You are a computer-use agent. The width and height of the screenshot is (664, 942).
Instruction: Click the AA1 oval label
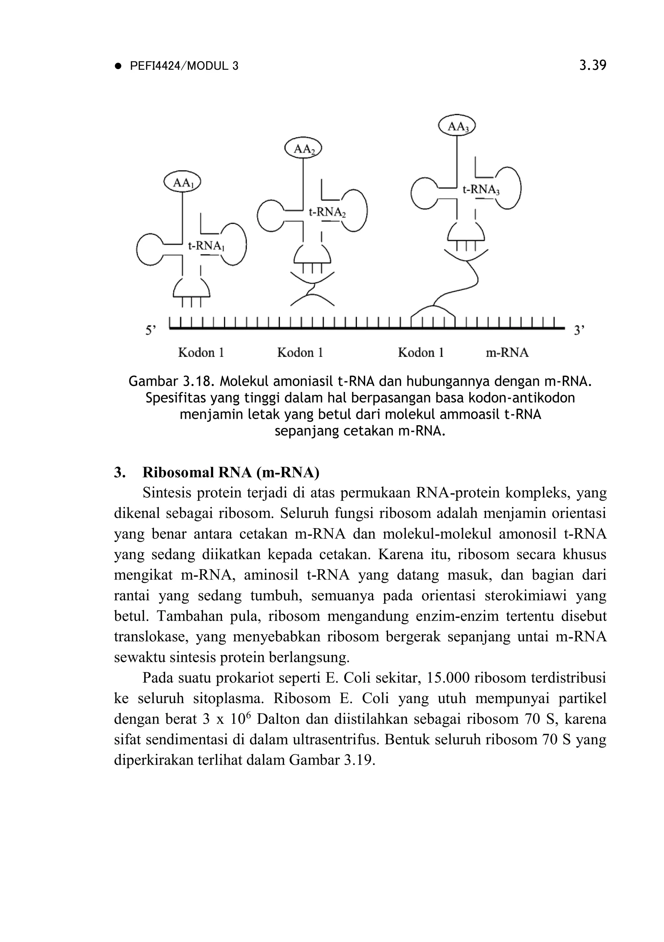182,183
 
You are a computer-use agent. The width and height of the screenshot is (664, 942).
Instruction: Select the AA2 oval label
303,149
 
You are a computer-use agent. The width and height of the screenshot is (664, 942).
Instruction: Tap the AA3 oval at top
457,126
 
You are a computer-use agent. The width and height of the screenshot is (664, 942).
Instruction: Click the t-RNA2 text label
327,212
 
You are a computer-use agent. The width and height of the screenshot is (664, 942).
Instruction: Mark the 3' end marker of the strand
579,330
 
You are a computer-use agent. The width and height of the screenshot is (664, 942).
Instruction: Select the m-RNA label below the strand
507,352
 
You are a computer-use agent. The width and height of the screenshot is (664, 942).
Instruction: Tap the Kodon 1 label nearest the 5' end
201,352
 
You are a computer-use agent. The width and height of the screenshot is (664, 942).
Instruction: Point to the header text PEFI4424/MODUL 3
184,66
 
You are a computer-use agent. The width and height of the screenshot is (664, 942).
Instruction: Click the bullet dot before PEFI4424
119,66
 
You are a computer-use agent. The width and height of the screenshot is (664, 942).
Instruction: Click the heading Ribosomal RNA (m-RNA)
231,473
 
